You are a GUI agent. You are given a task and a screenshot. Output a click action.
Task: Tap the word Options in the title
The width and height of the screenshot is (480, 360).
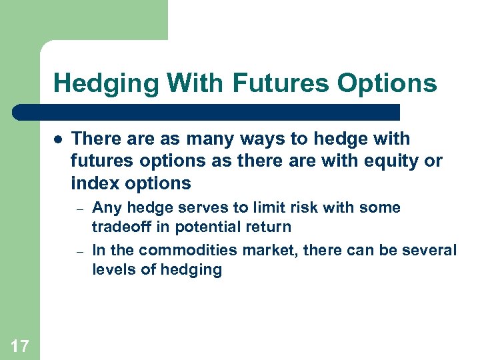pyautogui.click(x=387, y=84)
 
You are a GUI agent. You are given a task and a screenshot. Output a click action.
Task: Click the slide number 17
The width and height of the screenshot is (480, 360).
pyautogui.click(x=19, y=345)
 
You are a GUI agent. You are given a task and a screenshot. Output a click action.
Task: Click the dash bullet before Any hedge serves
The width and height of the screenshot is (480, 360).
pyautogui.click(x=79, y=209)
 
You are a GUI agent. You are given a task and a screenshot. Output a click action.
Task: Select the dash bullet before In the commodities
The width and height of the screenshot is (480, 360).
pyautogui.click(x=79, y=251)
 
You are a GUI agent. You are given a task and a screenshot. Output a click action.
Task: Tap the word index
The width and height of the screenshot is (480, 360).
pyautogui.click(x=92, y=183)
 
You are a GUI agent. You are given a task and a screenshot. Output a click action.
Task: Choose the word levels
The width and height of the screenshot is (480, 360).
pyautogui.click(x=111, y=269)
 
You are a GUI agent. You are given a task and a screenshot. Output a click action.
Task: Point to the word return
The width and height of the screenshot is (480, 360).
pyautogui.click(x=267, y=227)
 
